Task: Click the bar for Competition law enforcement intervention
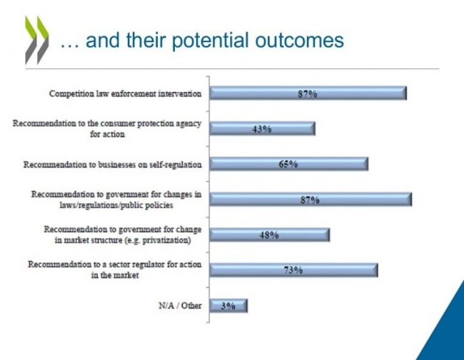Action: point(308,94)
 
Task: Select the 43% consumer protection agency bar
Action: point(262,129)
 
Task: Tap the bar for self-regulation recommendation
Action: point(289,164)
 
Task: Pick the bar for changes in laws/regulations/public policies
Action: point(311,199)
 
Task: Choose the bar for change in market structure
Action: point(270,235)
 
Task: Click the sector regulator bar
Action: point(293,270)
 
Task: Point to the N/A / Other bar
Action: point(228,306)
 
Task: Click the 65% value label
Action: point(288,164)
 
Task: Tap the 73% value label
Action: point(293,270)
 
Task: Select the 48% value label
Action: point(269,235)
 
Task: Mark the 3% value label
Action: point(228,306)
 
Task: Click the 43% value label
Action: point(262,129)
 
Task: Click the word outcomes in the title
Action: point(300,41)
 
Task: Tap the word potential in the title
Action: point(211,41)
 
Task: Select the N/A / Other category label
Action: point(180,306)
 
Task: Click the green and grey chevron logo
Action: point(36,40)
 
